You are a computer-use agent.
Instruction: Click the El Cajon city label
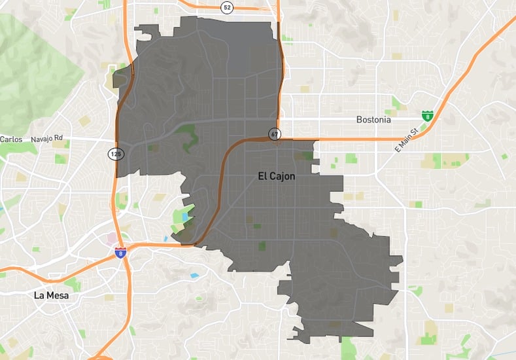(273, 176)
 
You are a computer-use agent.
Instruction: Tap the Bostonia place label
(373, 120)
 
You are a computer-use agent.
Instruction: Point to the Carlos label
(11, 139)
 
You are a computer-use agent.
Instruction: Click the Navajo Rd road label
(49, 138)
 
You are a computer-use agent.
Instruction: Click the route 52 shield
(227, 7)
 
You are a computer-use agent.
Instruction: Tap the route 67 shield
(273, 135)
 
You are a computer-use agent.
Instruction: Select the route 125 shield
(115, 154)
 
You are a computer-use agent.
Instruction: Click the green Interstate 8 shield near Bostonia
(427, 117)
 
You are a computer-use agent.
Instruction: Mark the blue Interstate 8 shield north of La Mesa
(120, 252)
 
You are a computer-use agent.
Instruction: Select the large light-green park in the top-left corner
(29, 65)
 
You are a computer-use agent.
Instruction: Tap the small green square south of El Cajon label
(263, 246)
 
